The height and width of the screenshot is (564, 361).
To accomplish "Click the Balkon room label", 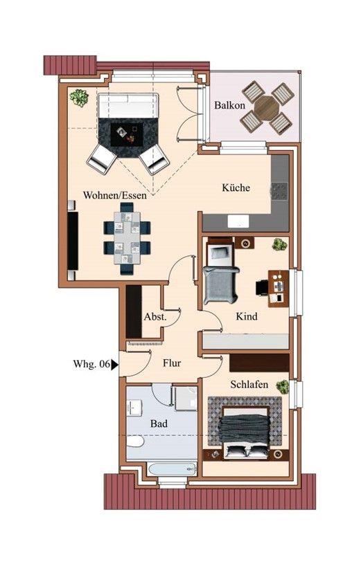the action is pyautogui.click(x=229, y=105).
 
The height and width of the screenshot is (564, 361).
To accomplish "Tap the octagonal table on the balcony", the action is pyautogui.click(x=267, y=107).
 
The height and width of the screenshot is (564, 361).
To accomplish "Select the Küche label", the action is pyautogui.click(x=236, y=188).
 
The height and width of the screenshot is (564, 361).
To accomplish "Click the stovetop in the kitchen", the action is pyautogui.click(x=279, y=190).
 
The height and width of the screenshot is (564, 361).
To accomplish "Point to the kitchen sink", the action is pyautogui.click(x=238, y=221).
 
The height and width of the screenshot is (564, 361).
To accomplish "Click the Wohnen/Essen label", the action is pyautogui.click(x=115, y=195).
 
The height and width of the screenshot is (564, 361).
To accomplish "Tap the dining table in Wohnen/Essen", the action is pyautogui.click(x=127, y=238).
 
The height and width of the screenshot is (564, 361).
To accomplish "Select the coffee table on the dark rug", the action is pyautogui.click(x=127, y=134).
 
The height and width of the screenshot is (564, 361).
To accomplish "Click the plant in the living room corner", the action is pyautogui.click(x=79, y=98).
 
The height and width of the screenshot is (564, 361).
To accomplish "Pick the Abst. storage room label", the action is pyautogui.click(x=155, y=317).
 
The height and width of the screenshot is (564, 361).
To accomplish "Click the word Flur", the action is pyautogui.click(x=172, y=363).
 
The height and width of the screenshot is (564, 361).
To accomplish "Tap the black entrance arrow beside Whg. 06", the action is pyautogui.click(x=114, y=365).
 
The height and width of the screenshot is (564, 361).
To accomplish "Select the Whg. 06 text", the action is pyautogui.click(x=91, y=363).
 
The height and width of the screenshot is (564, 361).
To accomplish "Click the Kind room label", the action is pyautogui.click(x=247, y=316).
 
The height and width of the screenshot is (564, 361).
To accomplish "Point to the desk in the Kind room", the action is pyautogui.click(x=279, y=289).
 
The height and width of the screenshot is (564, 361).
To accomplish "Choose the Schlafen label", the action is pyautogui.click(x=249, y=384).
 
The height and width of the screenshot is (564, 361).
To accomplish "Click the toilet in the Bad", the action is pyautogui.click(x=136, y=441).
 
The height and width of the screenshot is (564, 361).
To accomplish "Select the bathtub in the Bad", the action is pyautogui.click(x=173, y=469).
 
